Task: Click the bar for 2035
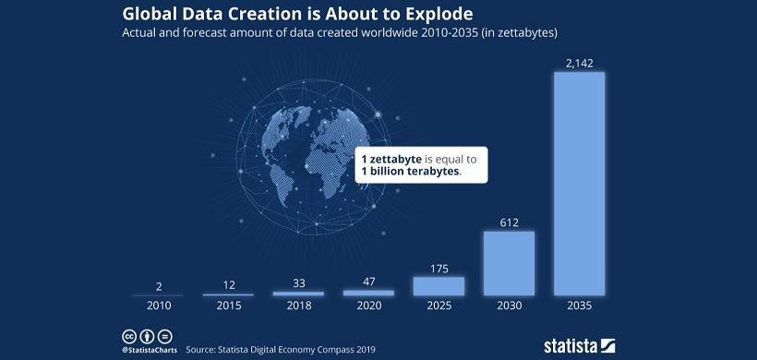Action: pos(579,184)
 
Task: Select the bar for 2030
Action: pos(509,263)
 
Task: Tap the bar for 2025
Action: pos(439,286)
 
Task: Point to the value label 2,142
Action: pos(579,62)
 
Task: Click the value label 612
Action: pos(509,222)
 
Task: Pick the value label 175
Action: pos(439,269)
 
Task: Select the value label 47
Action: pos(368,282)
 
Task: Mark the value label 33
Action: pos(298,283)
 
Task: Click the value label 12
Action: pos(228,285)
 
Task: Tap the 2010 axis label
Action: pos(158,306)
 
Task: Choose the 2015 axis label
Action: pos(228,306)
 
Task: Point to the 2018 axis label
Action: pos(298,306)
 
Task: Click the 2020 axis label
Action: pos(368,306)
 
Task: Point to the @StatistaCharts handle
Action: pos(149,351)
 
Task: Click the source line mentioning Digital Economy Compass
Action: pos(280,351)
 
